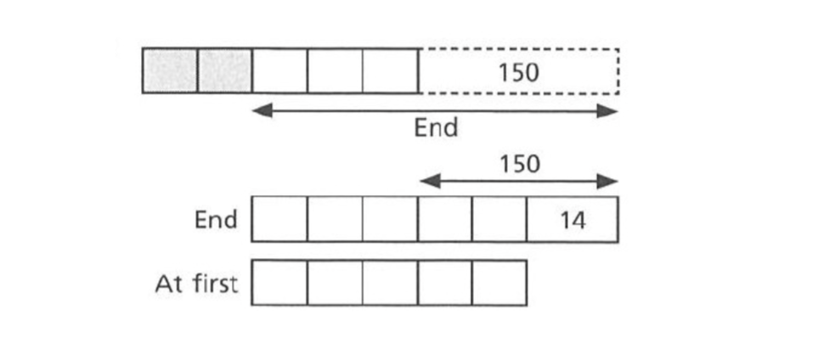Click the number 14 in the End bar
point(573,220)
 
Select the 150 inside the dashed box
point(519,72)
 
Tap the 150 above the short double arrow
point(519,165)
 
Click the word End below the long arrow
point(436,127)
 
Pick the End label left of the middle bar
point(216,220)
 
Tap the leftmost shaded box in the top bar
point(170,70)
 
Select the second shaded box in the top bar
point(225,70)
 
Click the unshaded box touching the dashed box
point(391,70)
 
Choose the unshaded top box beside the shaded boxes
point(279,70)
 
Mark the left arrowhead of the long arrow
point(262,111)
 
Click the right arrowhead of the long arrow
point(607,111)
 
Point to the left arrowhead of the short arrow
point(430,182)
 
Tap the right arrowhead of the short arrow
point(607,182)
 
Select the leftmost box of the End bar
point(279,219)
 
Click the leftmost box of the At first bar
point(279,282)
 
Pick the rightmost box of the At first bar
point(499,282)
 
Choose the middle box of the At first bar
point(390,282)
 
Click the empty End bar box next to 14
point(499,219)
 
